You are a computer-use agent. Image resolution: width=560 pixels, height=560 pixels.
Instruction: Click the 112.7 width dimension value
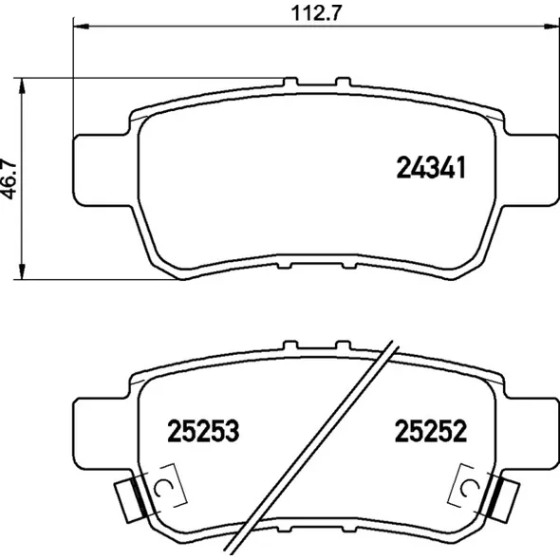point(316,13)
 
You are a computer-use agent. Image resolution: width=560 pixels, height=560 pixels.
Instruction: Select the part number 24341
point(431,167)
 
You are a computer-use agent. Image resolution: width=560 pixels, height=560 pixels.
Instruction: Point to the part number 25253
point(203,431)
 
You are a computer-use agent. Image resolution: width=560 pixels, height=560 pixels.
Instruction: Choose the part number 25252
point(431,431)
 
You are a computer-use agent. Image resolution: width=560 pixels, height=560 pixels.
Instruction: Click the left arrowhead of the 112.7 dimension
point(81,26)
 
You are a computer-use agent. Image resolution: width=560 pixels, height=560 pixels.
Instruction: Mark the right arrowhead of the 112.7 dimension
point(551,26)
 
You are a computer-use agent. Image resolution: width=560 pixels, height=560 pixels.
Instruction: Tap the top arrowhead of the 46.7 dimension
point(22,85)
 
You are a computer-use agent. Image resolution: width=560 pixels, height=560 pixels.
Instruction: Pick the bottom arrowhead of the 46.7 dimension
point(22,271)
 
